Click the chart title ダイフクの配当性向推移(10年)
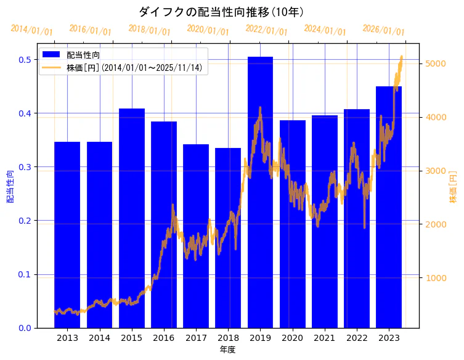(x=221, y=12)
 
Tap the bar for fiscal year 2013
(x=67, y=234)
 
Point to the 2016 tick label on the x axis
(x=164, y=338)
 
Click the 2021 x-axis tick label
(x=325, y=338)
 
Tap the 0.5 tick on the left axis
(x=25, y=60)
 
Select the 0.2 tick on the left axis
(x=25, y=221)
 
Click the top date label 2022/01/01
(x=266, y=30)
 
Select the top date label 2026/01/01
(x=383, y=30)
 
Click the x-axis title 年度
(x=227, y=350)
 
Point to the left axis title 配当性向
(x=10, y=187)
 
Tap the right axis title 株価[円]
(x=453, y=187)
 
